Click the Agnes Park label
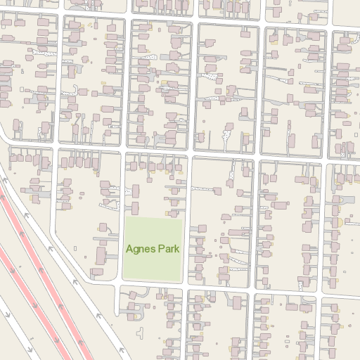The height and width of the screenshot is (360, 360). click(153, 249)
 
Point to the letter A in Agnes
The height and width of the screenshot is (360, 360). click(129, 249)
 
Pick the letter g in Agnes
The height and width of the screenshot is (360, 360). click(136, 250)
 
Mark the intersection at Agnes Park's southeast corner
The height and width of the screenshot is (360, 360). click(188, 285)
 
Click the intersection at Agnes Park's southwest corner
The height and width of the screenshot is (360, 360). click(119, 284)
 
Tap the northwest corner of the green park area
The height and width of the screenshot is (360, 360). click(124, 220)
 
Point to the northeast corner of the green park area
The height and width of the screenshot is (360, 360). click(183, 220)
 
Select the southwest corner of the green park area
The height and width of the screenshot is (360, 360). click(124, 278)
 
